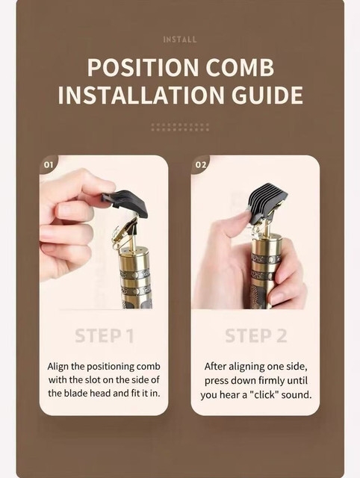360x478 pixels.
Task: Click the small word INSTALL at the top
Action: tap(180, 40)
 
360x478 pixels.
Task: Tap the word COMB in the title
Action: tap(240, 67)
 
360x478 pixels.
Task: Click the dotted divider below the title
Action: tap(180, 127)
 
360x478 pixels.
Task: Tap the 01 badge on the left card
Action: tap(49, 165)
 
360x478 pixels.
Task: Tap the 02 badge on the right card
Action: tap(200, 165)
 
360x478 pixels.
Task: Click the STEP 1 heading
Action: tap(105, 336)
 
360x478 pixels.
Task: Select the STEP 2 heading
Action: tap(256, 336)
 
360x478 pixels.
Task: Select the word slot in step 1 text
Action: tap(93, 380)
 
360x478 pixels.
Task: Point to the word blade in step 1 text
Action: tap(75, 394)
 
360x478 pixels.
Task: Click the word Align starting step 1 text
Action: tap(58, 367)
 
